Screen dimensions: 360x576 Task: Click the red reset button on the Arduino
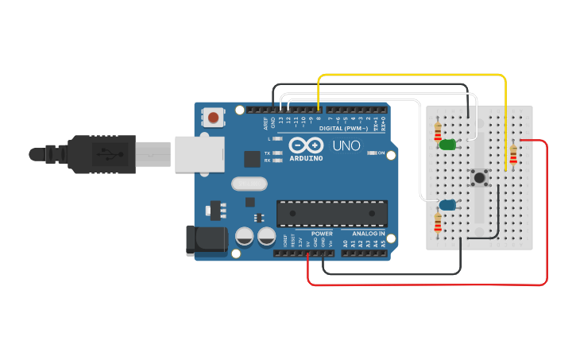(x=213, y=118)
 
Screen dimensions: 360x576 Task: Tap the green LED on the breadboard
(x=447, y=145)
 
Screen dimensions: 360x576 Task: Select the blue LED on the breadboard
(x=447, y=205)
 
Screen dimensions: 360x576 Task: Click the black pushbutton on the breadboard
(x=479, y=180)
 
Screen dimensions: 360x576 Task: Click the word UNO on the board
(x=346, y=146)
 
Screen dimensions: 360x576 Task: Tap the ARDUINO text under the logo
(x=306, y=157)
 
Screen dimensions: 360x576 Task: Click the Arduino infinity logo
(x=306, y=145)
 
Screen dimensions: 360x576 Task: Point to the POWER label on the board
(x=322, y=234)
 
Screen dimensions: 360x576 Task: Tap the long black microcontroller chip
(x=332, y=213)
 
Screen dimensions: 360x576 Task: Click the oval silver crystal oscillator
(x=247, y=184)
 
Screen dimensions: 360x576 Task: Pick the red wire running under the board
(x=429, y=284)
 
